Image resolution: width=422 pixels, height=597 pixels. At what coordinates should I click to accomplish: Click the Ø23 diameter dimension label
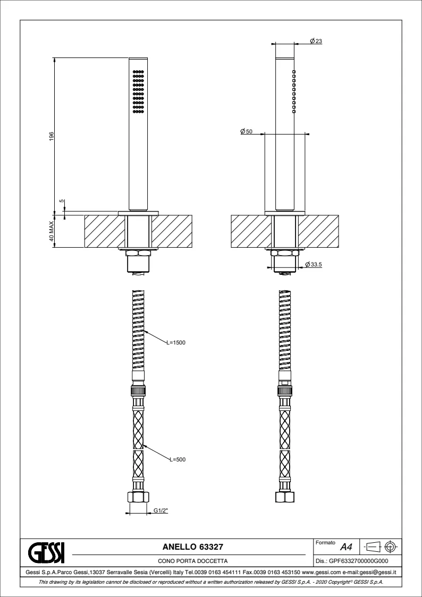click(x=316, y=41)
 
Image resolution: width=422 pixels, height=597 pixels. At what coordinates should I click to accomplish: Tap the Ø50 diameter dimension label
click(x=247, y=131)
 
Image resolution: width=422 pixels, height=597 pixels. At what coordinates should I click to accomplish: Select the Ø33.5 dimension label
click(x=314, y=264)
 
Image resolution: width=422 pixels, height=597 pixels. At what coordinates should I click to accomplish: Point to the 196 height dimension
click(x=52, y=137)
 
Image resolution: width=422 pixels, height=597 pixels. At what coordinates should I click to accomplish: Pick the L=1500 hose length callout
click(x=176, y=342)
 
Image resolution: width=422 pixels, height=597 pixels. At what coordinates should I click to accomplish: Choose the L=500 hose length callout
click(x=178, y=459)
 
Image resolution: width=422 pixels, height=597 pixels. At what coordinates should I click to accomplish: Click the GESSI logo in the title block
click(x=46, y=553)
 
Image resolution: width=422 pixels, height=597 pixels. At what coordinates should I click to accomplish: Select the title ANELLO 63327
click(x=192, y=547)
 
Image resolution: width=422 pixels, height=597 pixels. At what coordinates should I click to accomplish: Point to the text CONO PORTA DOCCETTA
click(x=193, y=561)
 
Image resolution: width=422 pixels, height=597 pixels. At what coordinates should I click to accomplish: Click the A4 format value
click(x=346, y=548)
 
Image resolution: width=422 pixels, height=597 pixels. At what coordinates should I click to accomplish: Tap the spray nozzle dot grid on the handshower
click(x=139, y=91)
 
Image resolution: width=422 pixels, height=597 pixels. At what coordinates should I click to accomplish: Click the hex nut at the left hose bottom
click(x=138, y=497)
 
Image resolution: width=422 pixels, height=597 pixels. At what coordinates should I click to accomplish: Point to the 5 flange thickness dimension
click(x=62, y=202)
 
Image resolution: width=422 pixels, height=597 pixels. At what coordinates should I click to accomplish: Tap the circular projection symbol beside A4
click(x=391, y=547)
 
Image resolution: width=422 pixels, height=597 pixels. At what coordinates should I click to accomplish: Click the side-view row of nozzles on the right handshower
click(x=294, y=91)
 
